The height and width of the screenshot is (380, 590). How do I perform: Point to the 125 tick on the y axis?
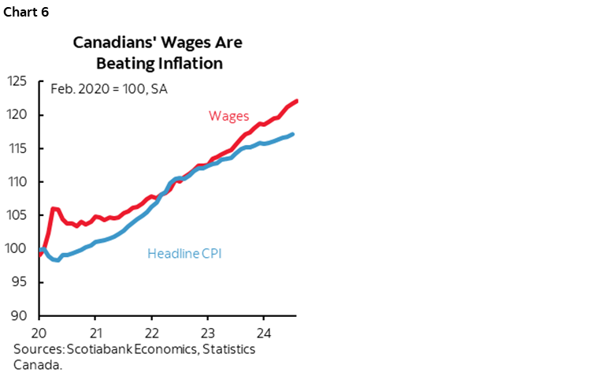(18, 81)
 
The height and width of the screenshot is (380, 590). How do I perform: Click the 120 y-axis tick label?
(18, 115)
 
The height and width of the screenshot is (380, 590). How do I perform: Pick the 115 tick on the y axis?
(18, 148)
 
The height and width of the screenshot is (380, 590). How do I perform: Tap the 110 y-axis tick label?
(18, 182)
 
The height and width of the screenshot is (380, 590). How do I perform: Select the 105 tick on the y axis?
(18, 215)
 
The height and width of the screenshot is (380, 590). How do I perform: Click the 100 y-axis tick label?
(18, 249)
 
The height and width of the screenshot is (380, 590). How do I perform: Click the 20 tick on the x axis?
(39, 332)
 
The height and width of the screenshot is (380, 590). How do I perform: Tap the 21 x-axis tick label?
(95, 332)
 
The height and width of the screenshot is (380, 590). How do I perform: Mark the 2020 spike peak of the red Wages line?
(53, 208)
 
